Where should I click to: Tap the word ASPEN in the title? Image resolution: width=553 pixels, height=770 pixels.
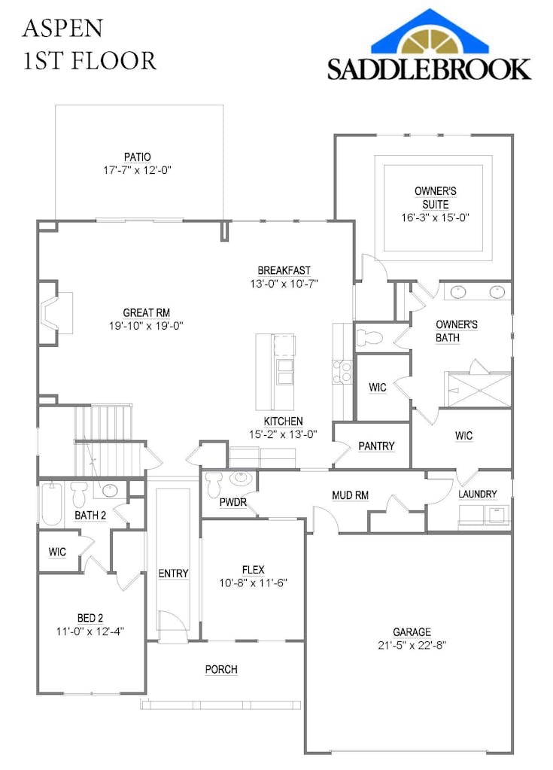coord(62,29)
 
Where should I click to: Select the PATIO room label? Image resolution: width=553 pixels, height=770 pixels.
coord(138,157)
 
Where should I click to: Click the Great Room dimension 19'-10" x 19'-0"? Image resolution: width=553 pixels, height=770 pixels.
coord(146,326)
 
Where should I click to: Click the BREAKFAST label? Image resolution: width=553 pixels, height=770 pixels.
coord(284,270)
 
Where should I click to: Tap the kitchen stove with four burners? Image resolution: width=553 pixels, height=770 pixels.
coord(342,370)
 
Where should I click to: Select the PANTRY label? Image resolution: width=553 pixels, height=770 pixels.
coord(376,446)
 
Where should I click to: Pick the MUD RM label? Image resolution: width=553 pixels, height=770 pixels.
coord(350,495)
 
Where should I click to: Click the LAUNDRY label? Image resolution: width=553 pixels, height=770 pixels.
coord(478,494)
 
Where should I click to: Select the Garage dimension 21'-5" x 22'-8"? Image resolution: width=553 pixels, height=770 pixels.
coord(412,645)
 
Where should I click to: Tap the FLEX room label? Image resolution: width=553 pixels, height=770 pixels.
coord(253,570)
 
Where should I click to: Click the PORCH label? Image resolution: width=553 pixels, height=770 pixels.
coord(221,669)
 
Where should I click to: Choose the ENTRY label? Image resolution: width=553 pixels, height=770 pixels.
coord(173,574)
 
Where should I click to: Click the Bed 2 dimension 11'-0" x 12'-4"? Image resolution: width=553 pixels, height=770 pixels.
coord(90,632)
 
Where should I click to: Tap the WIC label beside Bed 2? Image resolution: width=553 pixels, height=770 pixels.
coord(57,552)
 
